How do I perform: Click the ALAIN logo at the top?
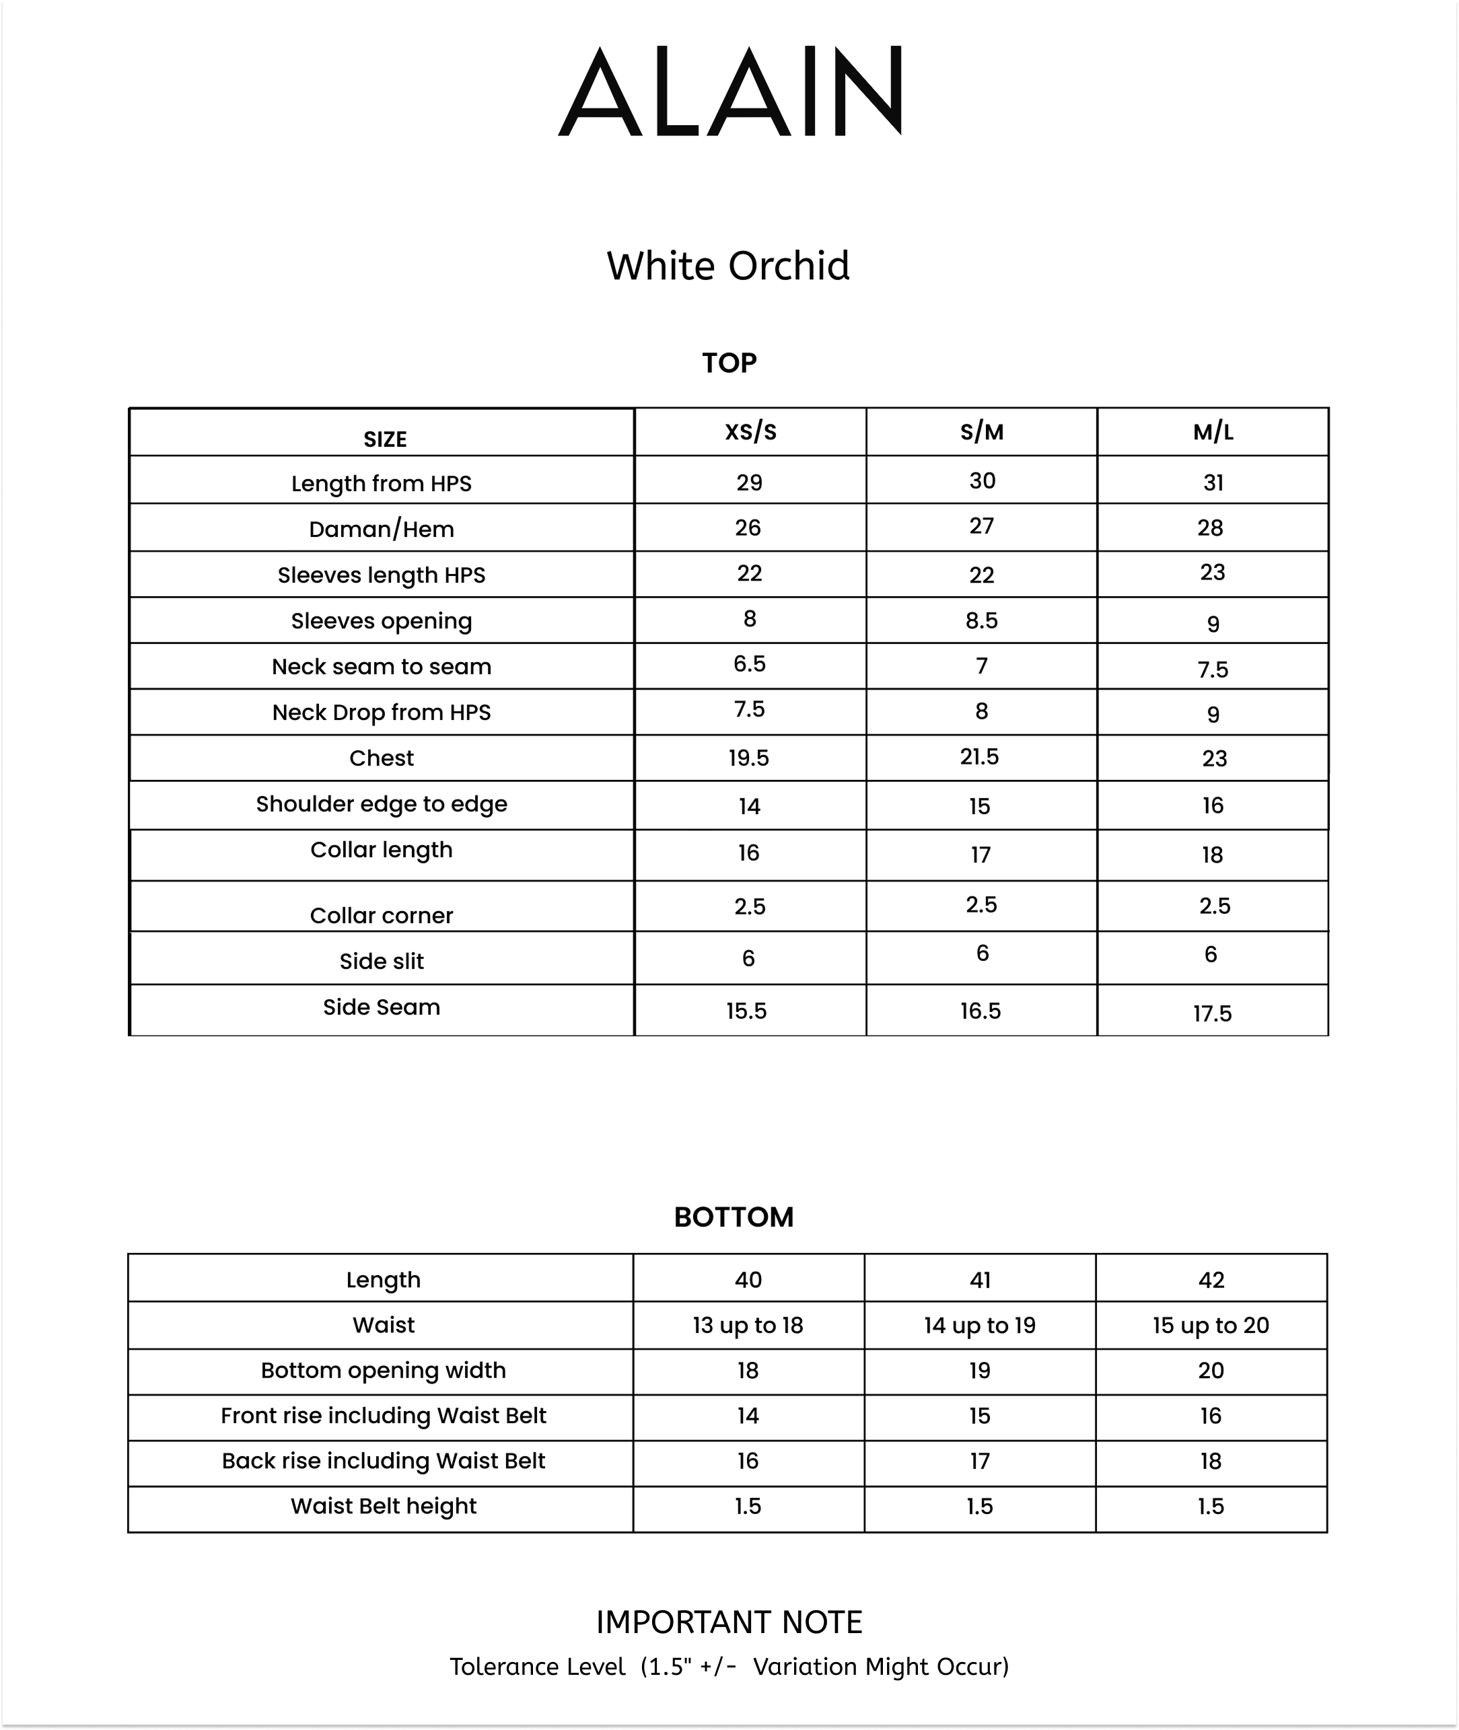[729, 91]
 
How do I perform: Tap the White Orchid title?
[728, 266]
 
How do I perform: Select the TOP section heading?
[729, 363]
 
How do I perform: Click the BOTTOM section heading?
[734, 1217]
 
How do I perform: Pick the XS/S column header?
[750, 432]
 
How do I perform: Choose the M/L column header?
[1213, 432]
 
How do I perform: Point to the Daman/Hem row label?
[382, 530]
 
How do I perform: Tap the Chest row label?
[382, 758]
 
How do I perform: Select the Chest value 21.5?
[979, 757]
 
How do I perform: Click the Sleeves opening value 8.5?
[981, 621]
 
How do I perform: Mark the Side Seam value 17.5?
[1212, 1014]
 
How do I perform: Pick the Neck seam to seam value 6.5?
[749, 664]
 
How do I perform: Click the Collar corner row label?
[382, 915]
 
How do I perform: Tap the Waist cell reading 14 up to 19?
[979, 1326]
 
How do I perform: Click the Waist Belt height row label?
[383, 1506]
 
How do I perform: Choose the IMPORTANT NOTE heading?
[729, 1622]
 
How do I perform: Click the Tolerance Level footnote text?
[729, 1667]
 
